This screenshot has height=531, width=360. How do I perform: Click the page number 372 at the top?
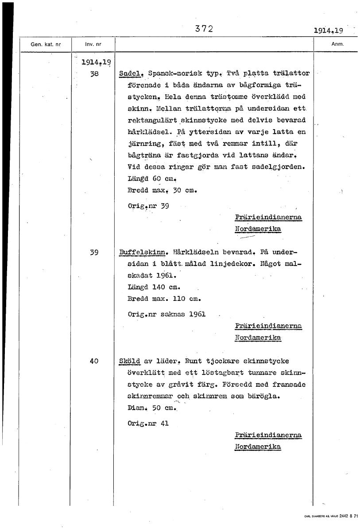tap(204, 29)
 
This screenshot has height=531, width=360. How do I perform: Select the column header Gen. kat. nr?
tap(46, 45)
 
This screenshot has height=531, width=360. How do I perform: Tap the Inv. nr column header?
tap(93, 45)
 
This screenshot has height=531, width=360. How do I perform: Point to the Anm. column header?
tap(337, 44)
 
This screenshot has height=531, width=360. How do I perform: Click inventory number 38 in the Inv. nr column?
tap(94, 74)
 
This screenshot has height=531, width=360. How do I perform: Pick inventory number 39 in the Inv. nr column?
tap(94, 253)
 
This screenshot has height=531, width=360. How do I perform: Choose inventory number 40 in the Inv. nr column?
tap(94, 361)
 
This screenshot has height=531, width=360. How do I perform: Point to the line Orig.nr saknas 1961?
tap(166, 314)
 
